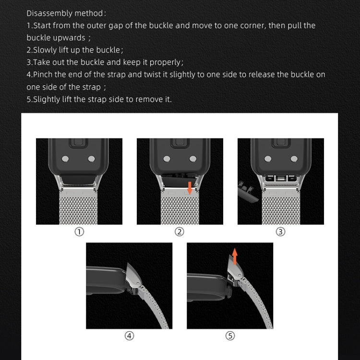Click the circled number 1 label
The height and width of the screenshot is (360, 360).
[x=79, y=231]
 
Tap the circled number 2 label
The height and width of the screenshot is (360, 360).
[x=180, y=231]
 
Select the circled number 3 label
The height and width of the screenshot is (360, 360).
[x=281, y=231]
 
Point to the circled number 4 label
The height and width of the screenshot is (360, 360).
[x=129, y=336]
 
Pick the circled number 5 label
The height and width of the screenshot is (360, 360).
[x=230, y=336]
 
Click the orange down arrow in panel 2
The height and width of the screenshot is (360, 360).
[x=190, y=187]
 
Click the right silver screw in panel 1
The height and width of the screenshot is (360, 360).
[x=92, y=158]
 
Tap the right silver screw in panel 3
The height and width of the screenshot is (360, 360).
[x=293, y=158]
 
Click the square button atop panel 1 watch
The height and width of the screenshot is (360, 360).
[x=79, y=143]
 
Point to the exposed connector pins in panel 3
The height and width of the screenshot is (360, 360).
[x=281, y=179]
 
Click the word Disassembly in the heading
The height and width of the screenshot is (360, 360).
[x=48, y=13]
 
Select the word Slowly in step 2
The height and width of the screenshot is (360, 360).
[x=46, y=50]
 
